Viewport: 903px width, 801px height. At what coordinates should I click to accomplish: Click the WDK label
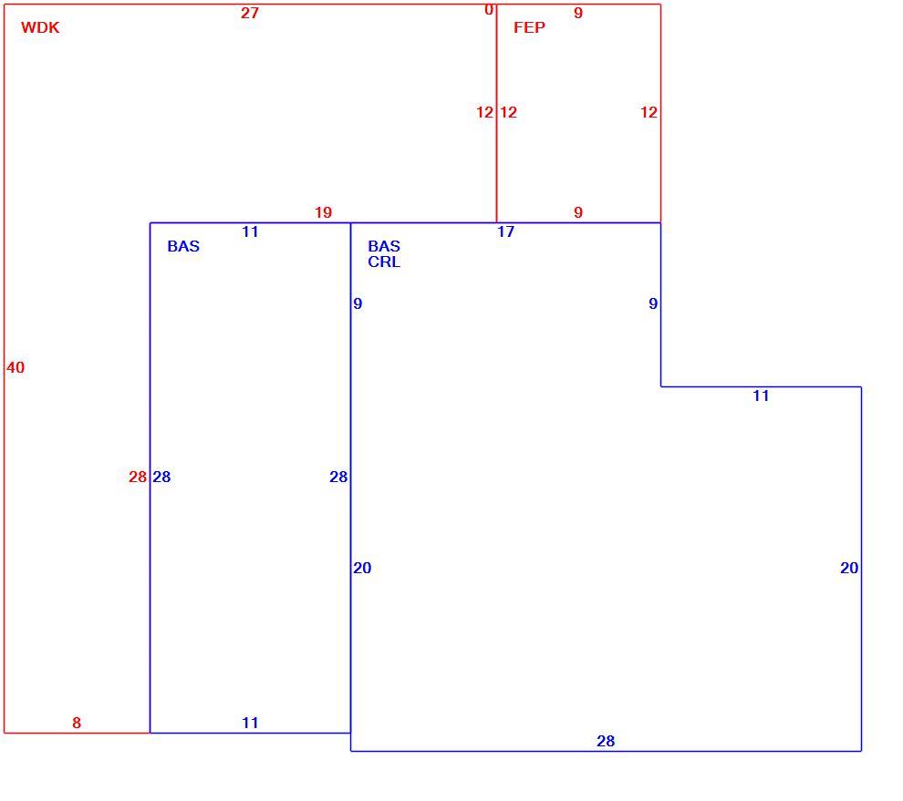tap(40, 27)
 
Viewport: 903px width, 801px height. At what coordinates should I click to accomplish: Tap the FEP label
tap(529, 27)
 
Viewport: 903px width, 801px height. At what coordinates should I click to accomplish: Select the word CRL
tap(384, 262)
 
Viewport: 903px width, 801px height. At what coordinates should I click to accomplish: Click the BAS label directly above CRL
tap(384, 246)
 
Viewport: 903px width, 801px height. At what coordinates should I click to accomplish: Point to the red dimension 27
tap(250, 13)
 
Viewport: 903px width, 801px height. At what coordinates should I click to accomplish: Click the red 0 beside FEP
tap(489, 10)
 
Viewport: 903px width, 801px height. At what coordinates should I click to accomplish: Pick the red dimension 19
tap(324, 212)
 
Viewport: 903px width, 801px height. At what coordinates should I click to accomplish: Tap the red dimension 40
tap(16, 368)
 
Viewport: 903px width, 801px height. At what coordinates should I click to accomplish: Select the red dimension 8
tap(77, 723)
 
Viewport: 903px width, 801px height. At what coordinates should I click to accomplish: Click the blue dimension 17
tap(505, 231)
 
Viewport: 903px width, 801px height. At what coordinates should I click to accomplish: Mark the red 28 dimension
tap(138, 477)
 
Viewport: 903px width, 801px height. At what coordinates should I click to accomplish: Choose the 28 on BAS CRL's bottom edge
tap(606, 741)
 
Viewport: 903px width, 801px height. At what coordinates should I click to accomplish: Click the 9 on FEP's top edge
tap(578, 13)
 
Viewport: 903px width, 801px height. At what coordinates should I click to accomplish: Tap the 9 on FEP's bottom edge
tap(578, 212)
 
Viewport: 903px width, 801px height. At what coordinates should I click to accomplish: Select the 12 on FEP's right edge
tap(649, 112)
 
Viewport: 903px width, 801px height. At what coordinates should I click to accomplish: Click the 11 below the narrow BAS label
tap(250, 231)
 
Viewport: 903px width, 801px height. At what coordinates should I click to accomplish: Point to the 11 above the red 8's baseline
tap(250, 723)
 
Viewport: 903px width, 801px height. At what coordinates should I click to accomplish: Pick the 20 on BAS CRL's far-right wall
tap(849, 568)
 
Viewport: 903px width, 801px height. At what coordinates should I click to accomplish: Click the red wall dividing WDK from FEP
tap(496, 113)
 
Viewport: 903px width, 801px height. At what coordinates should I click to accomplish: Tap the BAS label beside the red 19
tap(183, 246)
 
